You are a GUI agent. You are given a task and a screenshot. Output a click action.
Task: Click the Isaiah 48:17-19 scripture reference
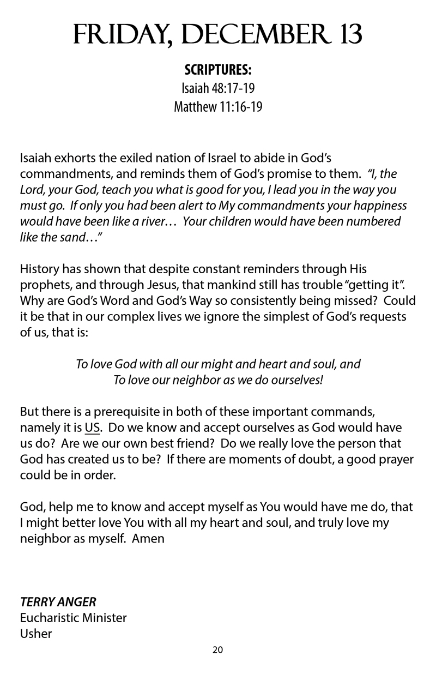click(x=218, y=88)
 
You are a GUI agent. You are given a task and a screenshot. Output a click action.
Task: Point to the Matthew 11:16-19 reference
click(x=218, y=106)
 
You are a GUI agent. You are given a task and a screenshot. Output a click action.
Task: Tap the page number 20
click(x=218, y=649)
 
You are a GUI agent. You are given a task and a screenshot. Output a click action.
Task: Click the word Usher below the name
click(x=36, y=634)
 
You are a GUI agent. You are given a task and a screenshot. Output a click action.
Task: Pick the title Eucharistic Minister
click(x=73, y=618)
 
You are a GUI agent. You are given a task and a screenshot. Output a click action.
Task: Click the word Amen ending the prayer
click(x=148, y=538)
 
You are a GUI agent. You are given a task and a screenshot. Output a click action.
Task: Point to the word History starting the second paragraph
click(x=40, y=269)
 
